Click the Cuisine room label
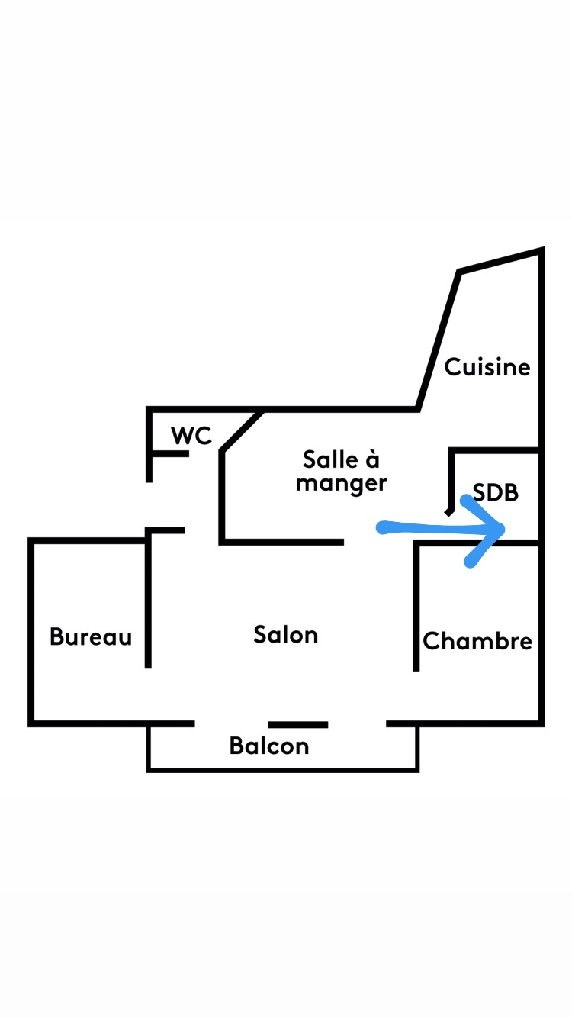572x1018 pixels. pyautogui.click(x=487, y=367)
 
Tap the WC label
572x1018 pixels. pyautogui.click(x=191, y=436)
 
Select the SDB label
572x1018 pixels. pyautogui.click(x=496, y=492)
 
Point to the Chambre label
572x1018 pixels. pyautogui.click(x=477, y=641)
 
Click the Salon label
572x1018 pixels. pyautogui.click(x=285, y=635)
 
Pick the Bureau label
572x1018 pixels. pyautogui.click(x=91, y=636)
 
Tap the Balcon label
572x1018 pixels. pyautogui.click(x=269, y=746)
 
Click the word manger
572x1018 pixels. pyautogui.click(x=342, y=484)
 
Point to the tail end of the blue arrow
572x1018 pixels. pyautogui.click(x=382, y=527)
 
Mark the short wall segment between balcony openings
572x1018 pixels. pyautogui.click(x=298, y=724)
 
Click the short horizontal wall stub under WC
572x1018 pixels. pyautogui.click(x=169, y=454)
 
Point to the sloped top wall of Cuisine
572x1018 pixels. pyautogui.click(x=500, y=260)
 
